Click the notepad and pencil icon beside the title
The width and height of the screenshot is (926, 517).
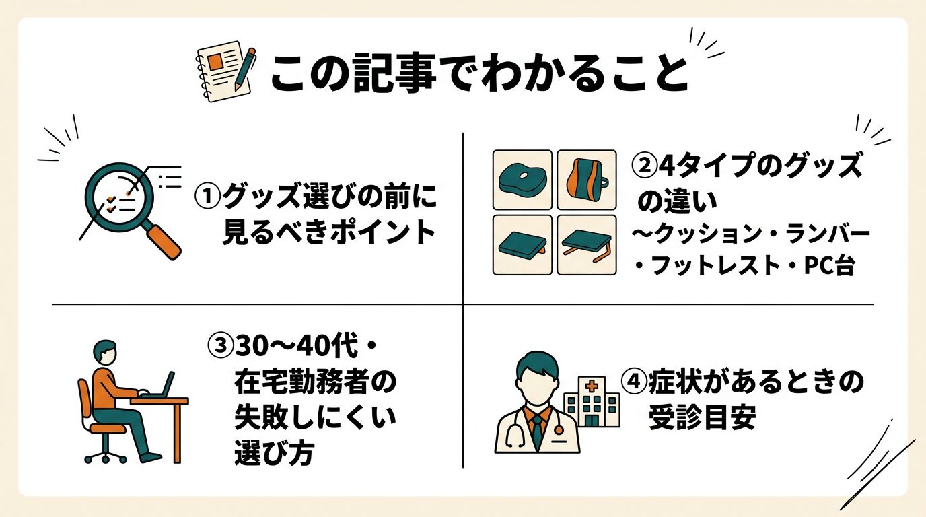225,73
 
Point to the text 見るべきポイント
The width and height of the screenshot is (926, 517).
328,232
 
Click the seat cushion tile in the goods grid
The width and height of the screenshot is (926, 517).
522,179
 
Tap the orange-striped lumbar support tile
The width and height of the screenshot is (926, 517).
587,179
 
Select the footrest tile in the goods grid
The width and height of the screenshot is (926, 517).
522,244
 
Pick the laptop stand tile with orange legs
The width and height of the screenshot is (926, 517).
587,244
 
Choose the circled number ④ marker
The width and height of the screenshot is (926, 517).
633,382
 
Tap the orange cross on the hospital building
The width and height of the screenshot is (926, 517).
591,386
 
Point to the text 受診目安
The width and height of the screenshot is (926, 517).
702,418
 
